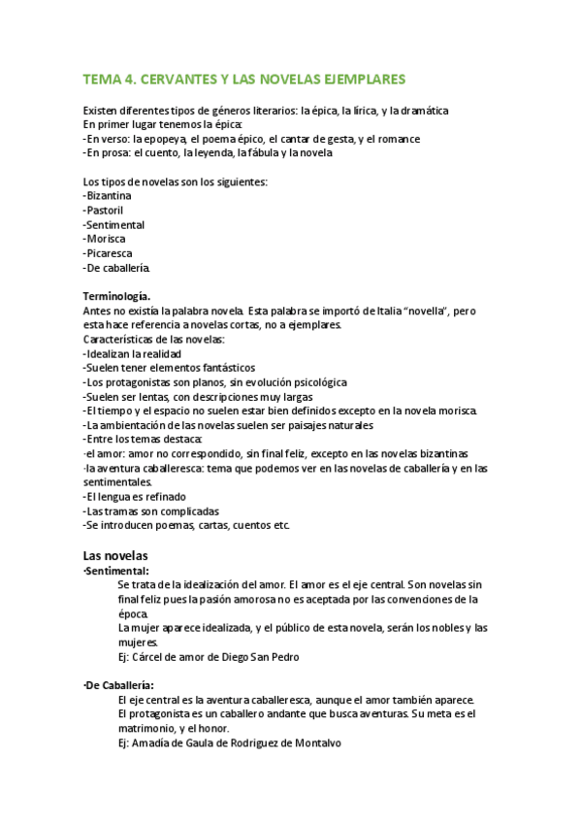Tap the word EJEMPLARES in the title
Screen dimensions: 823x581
[x=359, y=79]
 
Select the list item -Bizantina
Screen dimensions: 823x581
[x=108, y=196]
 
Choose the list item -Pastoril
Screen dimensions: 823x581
[x=104, y=211]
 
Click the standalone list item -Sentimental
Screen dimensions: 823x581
[x=113, y=224]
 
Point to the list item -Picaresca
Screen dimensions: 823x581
[x=109, y=253]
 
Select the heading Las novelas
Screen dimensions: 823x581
[x=115, y=556]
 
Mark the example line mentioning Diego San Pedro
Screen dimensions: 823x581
[x=208, y=657]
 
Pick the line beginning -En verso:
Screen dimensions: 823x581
[x=251, y=139]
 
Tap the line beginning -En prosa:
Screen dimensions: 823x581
[x=208, y=152]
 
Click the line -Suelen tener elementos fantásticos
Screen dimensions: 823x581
[x=169, y=368]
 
